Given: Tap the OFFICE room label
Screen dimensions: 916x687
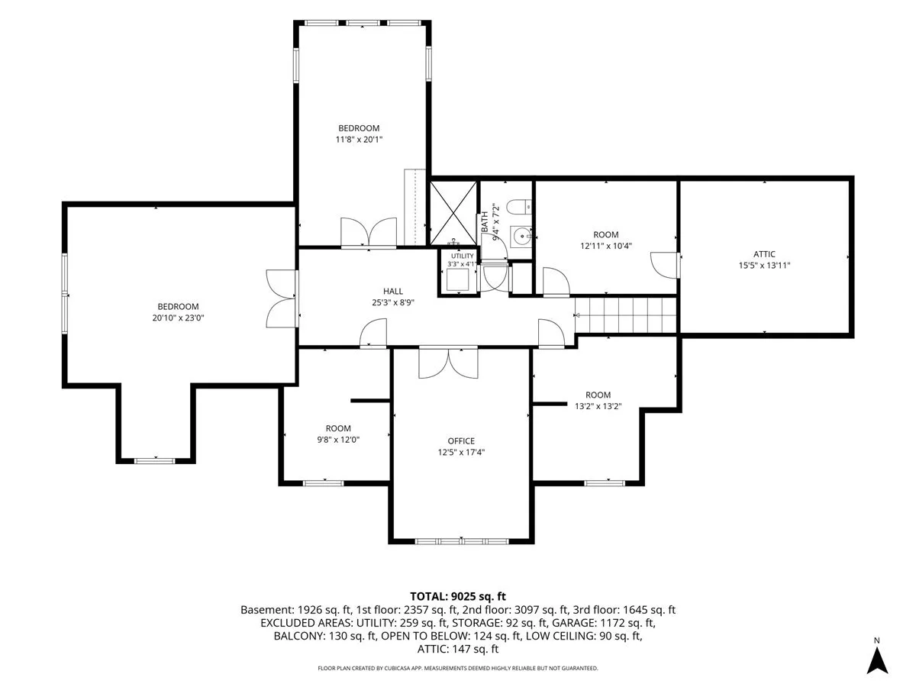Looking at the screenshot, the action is tap(461, 441).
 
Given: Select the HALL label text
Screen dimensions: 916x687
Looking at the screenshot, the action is tap(392, 291).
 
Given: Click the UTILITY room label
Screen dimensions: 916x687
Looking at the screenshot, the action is tap(462, 256).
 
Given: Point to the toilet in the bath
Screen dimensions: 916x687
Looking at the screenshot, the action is tap(519, 206).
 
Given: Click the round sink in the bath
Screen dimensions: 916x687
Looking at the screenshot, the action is tap(521, 237).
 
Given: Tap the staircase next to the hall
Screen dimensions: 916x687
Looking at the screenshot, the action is tap(625, 315).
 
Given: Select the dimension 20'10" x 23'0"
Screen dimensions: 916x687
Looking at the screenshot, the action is tap(178, 318).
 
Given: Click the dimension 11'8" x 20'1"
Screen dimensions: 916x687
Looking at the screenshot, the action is tap(359, 140).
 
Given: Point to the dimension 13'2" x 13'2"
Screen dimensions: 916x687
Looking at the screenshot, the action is tap(598, 406).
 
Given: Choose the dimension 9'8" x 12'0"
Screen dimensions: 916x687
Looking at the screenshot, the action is tap(338, 440).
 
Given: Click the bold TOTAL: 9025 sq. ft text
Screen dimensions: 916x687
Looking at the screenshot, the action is tap(458, 596).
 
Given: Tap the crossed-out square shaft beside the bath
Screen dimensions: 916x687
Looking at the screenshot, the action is tap(453, 213).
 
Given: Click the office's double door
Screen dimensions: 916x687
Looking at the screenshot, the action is tap(448, 363).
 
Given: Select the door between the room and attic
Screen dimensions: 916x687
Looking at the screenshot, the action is tap(664, 265).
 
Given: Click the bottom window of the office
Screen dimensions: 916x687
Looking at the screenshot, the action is tap(461, 541).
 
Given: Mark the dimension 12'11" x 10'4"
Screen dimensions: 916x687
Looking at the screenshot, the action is tap(605, 246).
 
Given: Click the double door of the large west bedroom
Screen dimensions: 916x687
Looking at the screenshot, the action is tap(282, 298).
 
